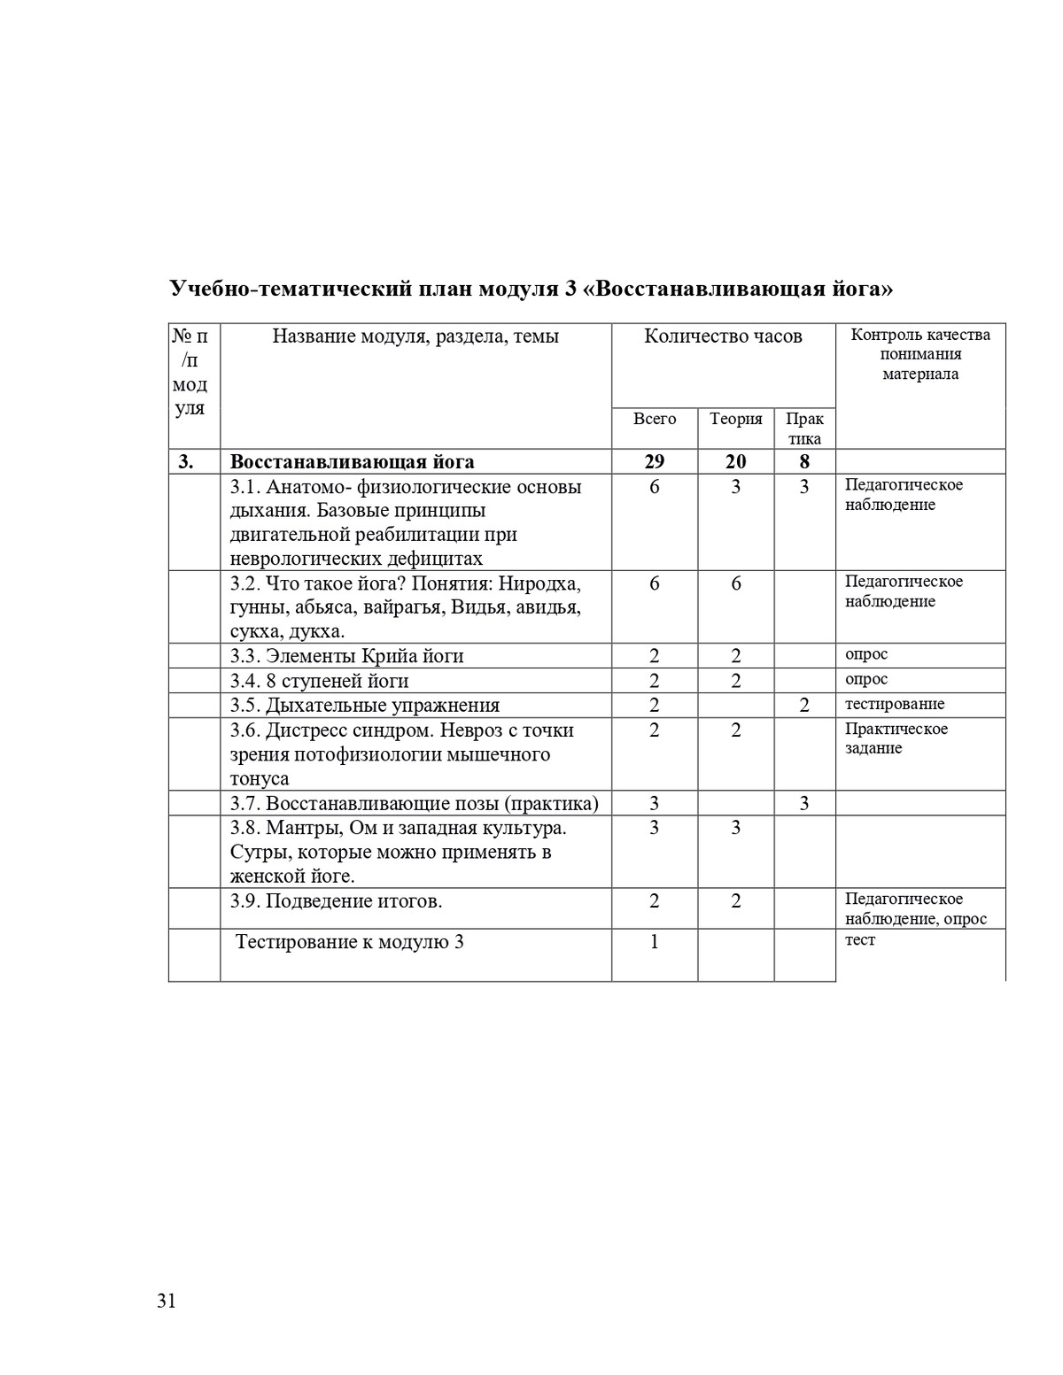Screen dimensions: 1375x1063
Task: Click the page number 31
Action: click(x=167, y=1301)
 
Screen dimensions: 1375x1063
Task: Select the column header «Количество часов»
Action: click(x=723, y=336)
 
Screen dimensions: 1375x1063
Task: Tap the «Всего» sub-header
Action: click(x=655, y=419)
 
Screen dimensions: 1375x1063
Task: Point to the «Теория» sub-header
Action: click(x=736, y=419)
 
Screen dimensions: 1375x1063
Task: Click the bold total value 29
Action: click(x=655, y=461)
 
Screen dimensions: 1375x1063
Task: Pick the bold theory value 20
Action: click(x=736, y=461)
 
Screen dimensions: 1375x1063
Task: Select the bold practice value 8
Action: click(x=804, y=461)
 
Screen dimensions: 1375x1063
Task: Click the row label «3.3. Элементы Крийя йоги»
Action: click(x=347, y=656)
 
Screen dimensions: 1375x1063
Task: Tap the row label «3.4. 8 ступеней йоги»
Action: click(x=320, y=681)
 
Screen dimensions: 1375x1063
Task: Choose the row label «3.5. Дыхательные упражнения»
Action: click(x=365, y=706)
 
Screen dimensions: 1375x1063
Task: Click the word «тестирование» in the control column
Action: click(x=895, y=704)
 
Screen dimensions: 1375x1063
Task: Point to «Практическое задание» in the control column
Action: click(x=896, y=738)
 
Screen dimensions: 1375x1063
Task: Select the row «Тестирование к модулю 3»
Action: click(x=350, y=942)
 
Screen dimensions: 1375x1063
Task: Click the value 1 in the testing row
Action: click(x=655, y=942)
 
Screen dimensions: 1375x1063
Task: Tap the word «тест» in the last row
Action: click(x=860, y=940)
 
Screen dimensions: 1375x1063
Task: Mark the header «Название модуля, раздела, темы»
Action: click(x=415, y=336)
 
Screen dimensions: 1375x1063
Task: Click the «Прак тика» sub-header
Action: click(x=804, y=429)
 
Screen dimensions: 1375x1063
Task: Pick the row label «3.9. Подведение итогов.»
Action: click(x=337, y=901)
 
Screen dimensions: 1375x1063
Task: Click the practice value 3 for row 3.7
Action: click(x=804, y=804)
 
